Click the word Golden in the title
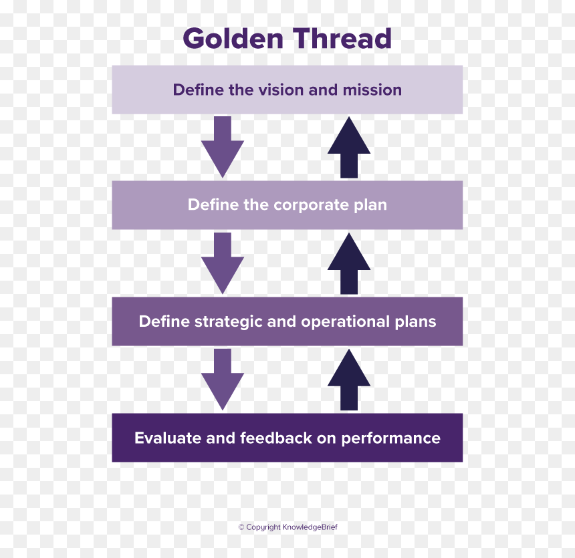coord(233,38)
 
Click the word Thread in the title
coord(342,38)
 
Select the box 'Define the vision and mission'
coord(287,90)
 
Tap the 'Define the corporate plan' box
coord(287,205)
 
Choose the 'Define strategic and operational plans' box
coord(287,321)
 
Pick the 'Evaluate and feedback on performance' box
coord(287,438)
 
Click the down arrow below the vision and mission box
coord(223,147)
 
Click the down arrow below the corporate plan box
coord(223,263)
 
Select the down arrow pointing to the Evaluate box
coord(223,380)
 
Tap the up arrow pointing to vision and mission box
coord(349,147)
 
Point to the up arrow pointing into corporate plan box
coord(349,263)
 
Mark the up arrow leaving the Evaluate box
coord(349,380)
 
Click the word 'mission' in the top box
coord(372,90)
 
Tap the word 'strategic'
coord(228,322)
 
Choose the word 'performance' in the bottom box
coord(391,438)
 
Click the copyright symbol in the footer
coord(241,527)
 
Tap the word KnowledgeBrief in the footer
coord(310,527)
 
